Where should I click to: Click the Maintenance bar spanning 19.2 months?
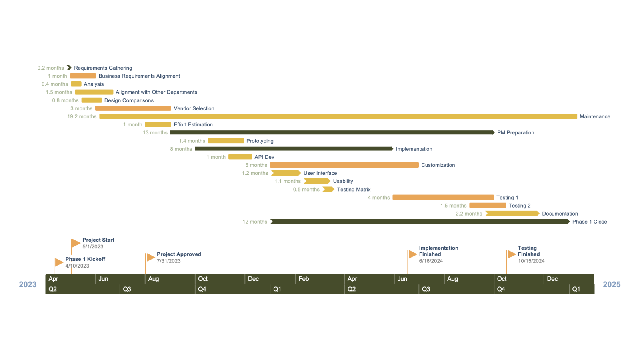pos(338,116)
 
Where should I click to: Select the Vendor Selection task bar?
pos(133,108)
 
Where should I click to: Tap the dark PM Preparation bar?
pos(332,132)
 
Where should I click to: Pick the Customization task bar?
pos(344,165)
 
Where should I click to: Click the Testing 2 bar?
pos(488,206)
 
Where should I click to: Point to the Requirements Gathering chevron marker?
pos(69,68)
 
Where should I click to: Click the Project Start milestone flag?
pos(76,243)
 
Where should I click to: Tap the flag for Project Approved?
pos(150,257)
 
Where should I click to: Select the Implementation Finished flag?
pos(412,254)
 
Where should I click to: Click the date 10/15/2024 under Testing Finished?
pos(531,261)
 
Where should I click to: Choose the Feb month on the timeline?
pos(304,279)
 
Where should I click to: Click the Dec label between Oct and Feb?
pos(253,279)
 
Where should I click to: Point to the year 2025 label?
pos(612,284)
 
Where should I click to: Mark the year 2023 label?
pos(28,284)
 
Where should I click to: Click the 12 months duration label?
pos(255,222)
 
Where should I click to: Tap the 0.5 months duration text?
pos(306,190)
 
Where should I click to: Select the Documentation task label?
pos(560,214)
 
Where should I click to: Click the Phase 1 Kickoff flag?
pos(59,262)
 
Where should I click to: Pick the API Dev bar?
pos(240,157)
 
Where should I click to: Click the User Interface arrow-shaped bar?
pos(286,173)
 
